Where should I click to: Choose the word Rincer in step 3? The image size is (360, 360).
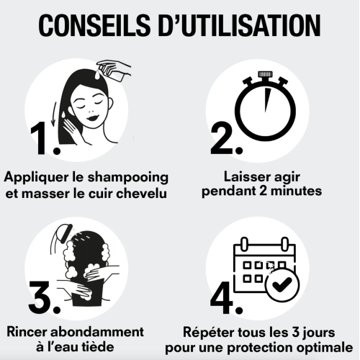pos(30,333)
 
